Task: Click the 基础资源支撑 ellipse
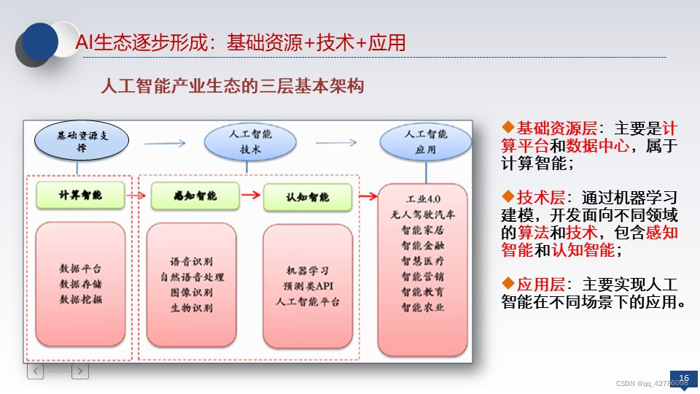coord(82,140)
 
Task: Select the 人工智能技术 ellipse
coord(250,142)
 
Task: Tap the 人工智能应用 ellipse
coord(425,142)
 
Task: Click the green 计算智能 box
coord(80,196)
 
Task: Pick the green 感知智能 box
coord(195,196)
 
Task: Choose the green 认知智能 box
coord(308,196)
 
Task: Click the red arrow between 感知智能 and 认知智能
coord(251,195)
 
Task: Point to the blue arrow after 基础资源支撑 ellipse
coord(165,144)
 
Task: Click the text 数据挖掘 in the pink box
coord(81,299)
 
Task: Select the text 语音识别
coord(192,261)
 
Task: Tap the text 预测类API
coord(308,286)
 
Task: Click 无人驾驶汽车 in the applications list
coord(423,215)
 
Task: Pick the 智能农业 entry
coord(423,307)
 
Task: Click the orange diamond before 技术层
coord(508,196)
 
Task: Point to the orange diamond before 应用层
coord(508,283)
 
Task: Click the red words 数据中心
coord(598,146)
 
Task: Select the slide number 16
coord(684,379)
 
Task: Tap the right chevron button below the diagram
coord(80,371)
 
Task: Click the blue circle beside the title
coord(39,42)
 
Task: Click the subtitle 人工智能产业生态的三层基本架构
coord(233,86)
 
